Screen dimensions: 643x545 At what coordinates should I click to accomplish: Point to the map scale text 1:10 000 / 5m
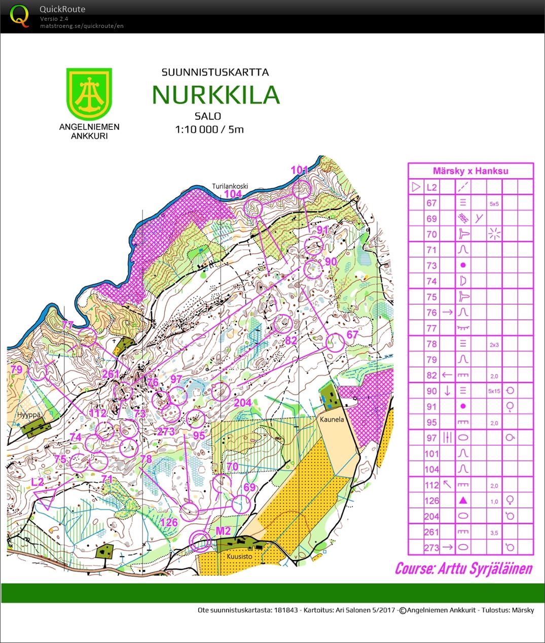click(209, 129)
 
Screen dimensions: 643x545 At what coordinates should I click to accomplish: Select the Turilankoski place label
click(228, 186)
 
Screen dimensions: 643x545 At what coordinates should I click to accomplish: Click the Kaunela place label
click(332, 420)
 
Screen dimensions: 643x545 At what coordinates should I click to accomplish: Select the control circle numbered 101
click(301, 190)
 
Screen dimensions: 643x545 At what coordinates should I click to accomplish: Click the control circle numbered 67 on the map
click(335, 343)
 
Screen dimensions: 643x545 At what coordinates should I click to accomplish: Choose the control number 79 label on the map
click(16, 369)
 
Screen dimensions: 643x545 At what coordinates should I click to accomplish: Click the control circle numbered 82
click(282, 323)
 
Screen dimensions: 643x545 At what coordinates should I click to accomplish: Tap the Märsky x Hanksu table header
click(470, 171)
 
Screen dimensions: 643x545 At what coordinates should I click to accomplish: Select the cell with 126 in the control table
click(431, 501)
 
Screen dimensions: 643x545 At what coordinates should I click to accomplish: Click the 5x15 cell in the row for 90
click(494, 391)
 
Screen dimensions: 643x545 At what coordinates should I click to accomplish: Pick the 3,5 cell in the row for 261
click(494, 532)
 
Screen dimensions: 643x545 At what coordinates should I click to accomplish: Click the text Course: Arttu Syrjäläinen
click(463, 568)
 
